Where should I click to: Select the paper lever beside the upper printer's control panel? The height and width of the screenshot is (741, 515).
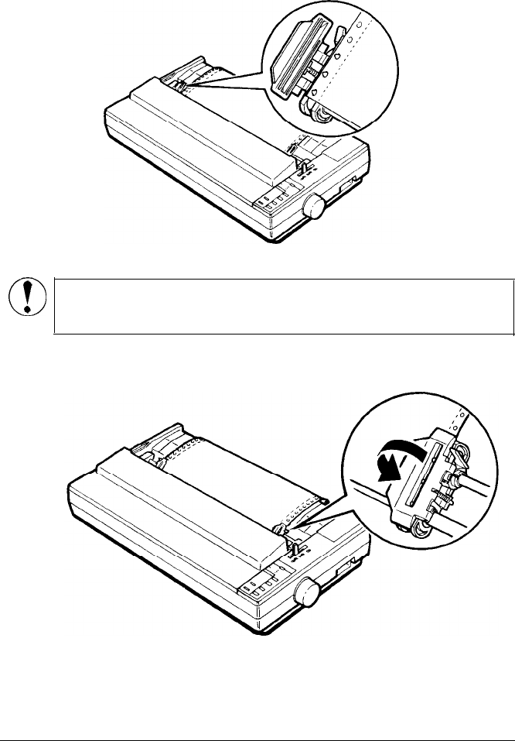[x=304, y=166]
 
